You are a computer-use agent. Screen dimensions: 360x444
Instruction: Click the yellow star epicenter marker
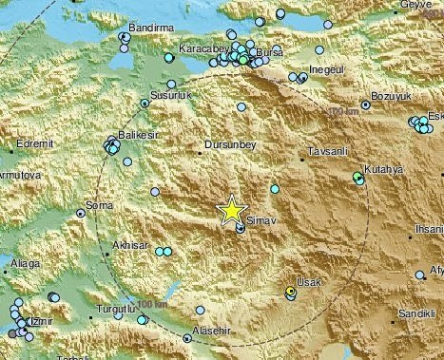click(232, 210)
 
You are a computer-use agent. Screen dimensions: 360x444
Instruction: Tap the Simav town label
click(258, 219)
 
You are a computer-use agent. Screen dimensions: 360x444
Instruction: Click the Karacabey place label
click(201, 46)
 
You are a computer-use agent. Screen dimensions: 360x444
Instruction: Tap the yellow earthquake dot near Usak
click(291, 293)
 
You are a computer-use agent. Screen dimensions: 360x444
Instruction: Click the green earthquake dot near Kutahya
click(358, 177)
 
